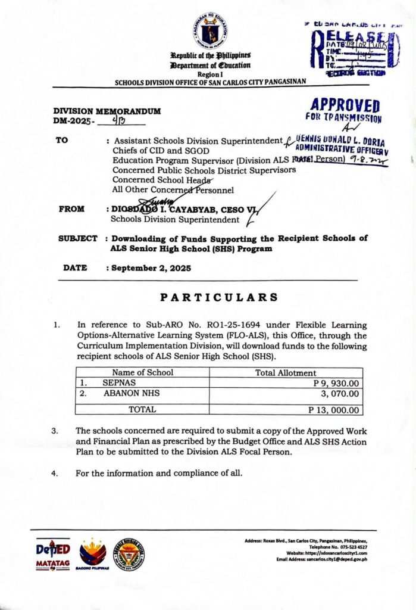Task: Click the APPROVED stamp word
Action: (x=345, y=106)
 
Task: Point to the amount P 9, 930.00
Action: (x=336, y=383)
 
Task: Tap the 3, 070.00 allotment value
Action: (x=340, y=394)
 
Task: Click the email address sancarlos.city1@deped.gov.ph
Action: (x=332, y=560)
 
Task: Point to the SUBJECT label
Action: (x=77, y=238)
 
